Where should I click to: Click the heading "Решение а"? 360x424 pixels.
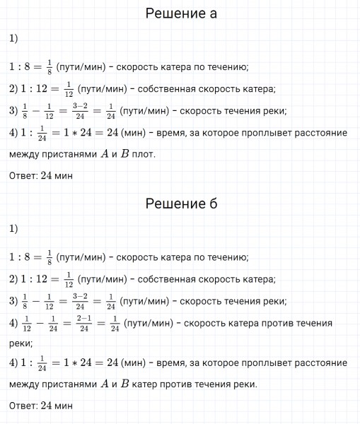(x=180, y=13)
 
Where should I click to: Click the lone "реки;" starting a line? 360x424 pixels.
(x=21, y=343)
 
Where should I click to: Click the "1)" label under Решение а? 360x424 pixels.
(x=14, y=40)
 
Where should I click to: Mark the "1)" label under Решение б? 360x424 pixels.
(x=14, y=230)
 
